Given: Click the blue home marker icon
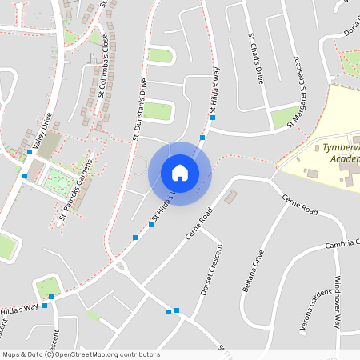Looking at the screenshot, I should point(180,172).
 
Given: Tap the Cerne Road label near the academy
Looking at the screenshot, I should point(299,206).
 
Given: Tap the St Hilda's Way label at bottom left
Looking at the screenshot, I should point(19,308).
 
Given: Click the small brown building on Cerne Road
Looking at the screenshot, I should point(231,196).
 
